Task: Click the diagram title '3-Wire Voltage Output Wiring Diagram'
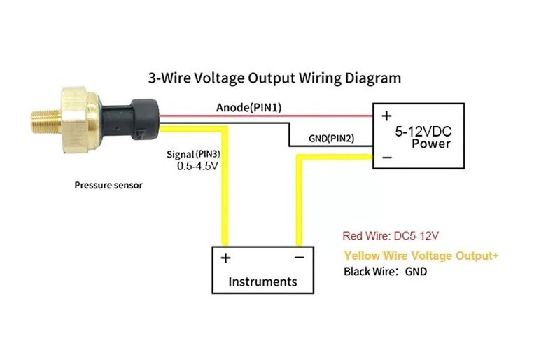click(274, 78)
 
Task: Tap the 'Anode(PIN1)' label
click(249, 108)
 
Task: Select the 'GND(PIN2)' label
click(331, 139)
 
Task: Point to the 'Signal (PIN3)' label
click(193, 154)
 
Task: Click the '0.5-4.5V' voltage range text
click(197, 166)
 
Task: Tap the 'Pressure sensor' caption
click(108, 186)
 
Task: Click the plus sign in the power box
click(386, 116)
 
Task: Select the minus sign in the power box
click(387, 158)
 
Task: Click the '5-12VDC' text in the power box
click(423, 132)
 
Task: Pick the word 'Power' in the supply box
click(431, 144)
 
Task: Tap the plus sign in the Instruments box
click(225, 258)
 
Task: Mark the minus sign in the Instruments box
click(300, 257)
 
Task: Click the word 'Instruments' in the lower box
click(262, 282)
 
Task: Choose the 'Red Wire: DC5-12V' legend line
click(391, 236)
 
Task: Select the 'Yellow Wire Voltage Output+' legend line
click(421, 256)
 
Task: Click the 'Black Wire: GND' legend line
click(385, 271)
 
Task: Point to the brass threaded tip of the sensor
click(46, 121)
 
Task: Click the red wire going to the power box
click(267, 116)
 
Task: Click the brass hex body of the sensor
click(79, 120)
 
